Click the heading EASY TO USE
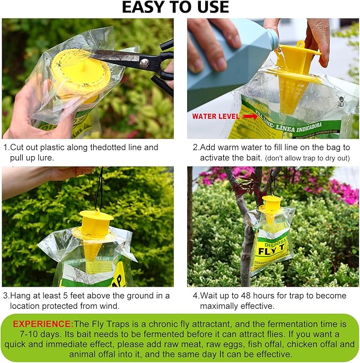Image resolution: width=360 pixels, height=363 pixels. coord(175,7)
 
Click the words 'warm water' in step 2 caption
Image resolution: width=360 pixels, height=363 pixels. coord(236,148)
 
